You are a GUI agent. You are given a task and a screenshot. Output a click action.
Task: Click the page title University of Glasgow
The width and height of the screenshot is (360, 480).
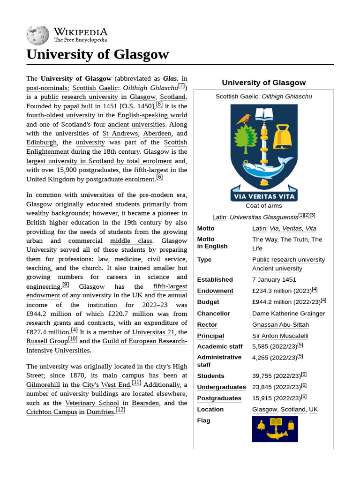[97, 54]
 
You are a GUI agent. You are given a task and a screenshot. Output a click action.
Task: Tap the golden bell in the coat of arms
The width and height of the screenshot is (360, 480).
[283, 136]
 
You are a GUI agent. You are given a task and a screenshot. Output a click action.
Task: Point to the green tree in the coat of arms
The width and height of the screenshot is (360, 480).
[242, 140]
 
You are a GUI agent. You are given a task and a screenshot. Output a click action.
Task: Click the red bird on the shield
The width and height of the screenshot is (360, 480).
[243, 119]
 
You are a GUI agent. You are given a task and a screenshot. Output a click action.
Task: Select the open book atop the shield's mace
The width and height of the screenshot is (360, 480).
[263, 113]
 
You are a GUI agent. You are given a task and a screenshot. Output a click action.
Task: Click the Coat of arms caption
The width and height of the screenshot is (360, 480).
[263, 205]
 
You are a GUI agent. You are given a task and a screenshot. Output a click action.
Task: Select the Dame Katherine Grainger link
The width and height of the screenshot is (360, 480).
[288, 314]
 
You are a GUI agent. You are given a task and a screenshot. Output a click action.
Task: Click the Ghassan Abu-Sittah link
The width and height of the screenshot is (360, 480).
[280, 325]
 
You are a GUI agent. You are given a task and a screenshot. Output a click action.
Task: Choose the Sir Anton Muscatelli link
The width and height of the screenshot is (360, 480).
[280, 336]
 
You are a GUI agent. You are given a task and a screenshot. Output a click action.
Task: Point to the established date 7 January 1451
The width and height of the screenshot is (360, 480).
[274, 280]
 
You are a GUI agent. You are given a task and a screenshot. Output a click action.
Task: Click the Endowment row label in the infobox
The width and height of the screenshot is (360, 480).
[215, 291]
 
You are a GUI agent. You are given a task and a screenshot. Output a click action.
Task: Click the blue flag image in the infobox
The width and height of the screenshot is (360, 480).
[275, 429]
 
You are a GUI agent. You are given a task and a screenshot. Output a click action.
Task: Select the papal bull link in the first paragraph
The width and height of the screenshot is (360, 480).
[78, 106]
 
